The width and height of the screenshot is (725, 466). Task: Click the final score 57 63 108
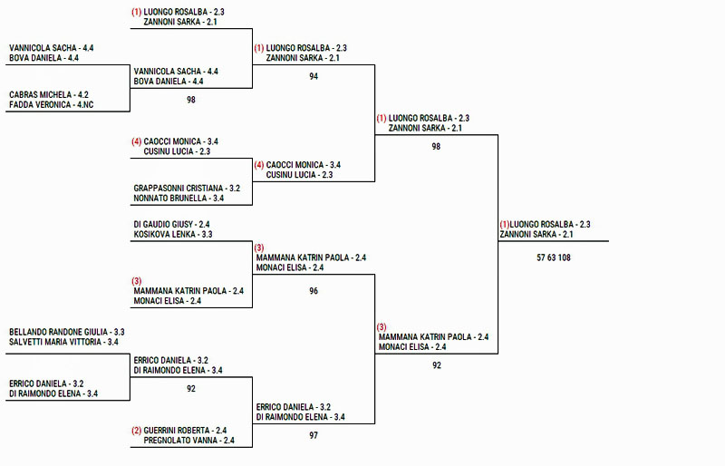[x=554, y=257]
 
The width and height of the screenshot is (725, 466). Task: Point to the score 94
[x=314, y=76]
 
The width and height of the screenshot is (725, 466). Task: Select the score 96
[x=314, y=291]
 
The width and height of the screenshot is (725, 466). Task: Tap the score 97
[x=314, y=436]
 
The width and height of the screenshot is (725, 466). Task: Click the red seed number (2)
[x=136, y=431]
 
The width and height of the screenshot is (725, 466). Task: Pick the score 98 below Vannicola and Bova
[x=191, y=100]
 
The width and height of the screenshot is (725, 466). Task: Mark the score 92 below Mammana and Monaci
[x=436, y=365]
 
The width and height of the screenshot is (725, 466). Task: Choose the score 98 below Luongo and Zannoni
[x=436, y=146]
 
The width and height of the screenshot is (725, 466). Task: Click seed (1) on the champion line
[x=504, y=224]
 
